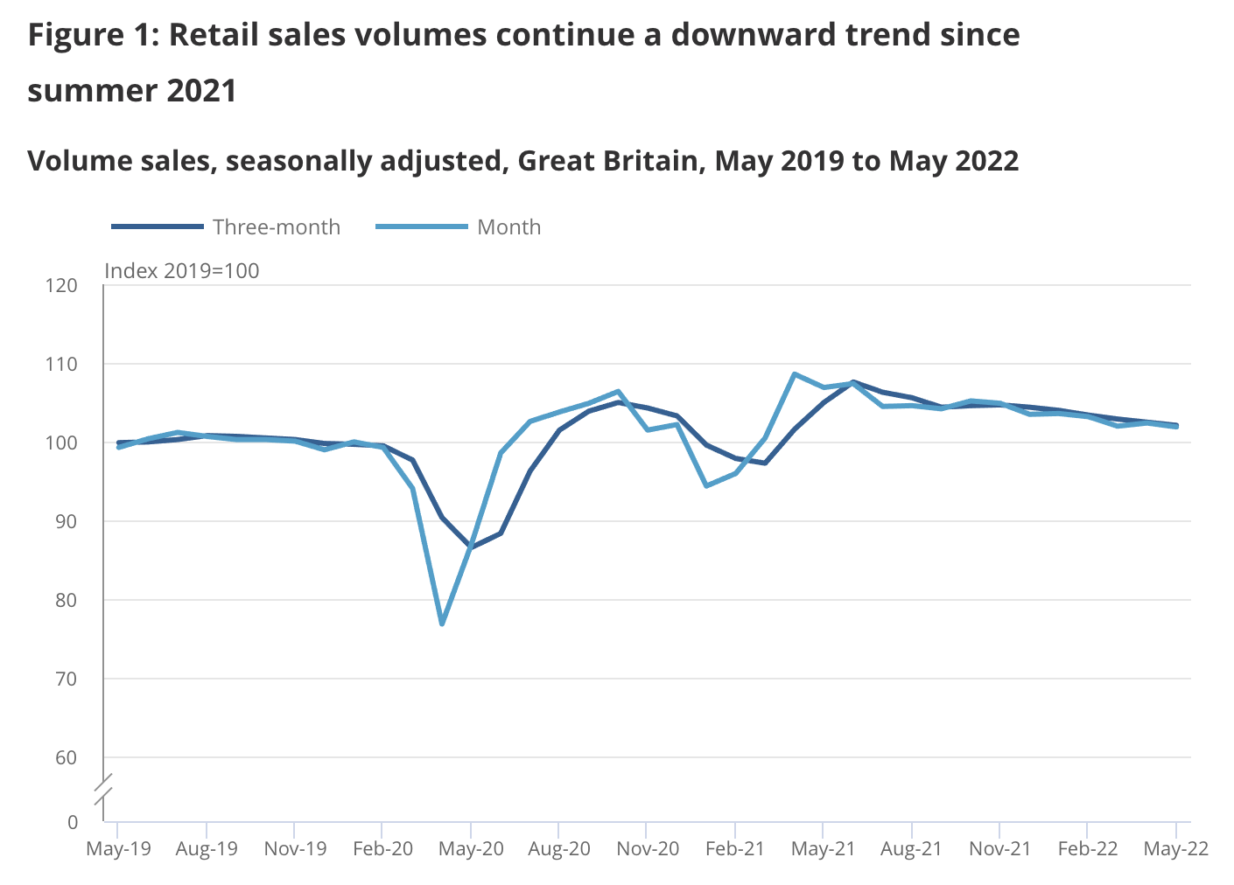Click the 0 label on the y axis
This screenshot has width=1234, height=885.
73,822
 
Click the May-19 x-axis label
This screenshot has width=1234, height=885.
118,849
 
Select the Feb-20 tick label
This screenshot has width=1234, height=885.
383,849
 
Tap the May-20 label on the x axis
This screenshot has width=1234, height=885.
472,849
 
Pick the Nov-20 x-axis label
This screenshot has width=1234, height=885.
648,849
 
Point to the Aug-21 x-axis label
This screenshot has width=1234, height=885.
912,849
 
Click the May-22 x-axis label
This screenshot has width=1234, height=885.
1176,849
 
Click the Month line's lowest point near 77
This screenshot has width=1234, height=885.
442,624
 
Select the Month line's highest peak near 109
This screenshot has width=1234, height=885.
794,374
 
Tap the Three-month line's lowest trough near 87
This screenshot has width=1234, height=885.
472,547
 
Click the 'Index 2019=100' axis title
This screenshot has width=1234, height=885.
182,271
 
